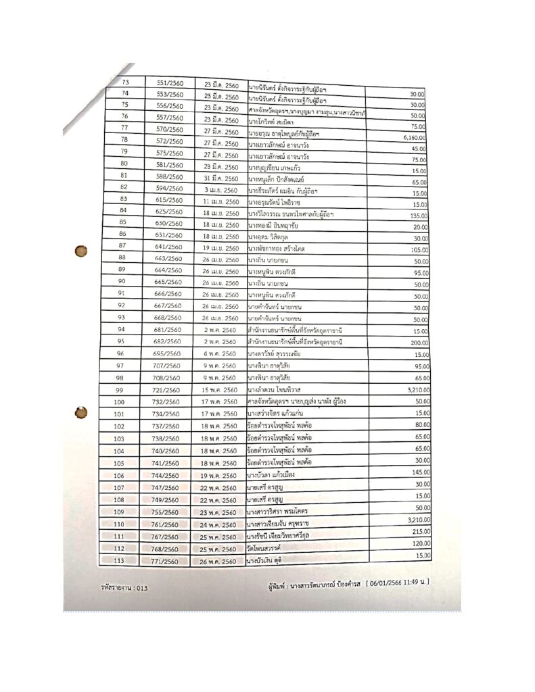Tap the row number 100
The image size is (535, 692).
tap(119, 402)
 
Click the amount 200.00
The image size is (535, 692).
tap(415, 343)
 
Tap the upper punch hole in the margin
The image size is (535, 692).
tap(81, 251)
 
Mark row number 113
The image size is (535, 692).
tap(119, 560)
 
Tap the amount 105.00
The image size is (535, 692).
tap(415, 250)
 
